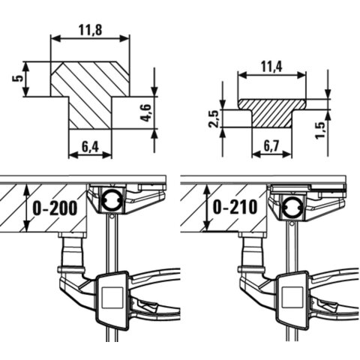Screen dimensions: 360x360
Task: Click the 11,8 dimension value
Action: (x=89, y=30)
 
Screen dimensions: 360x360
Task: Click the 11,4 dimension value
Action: (x=271, y=67)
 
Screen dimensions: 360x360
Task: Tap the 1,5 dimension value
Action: (x=321, y=127)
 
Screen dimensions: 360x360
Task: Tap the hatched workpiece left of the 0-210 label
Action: (x=195, y=206)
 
